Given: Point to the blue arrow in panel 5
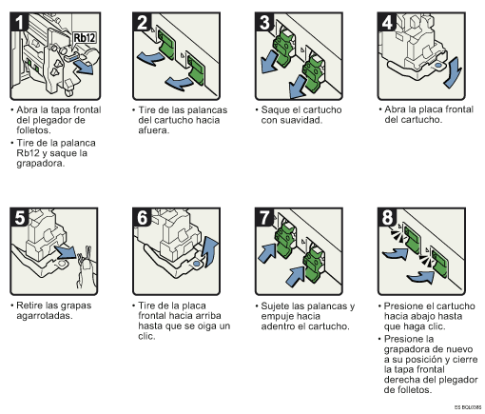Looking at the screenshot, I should pos(67,254).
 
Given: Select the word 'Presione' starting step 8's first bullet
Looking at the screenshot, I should pos(407,306).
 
